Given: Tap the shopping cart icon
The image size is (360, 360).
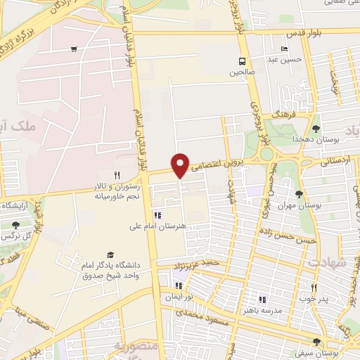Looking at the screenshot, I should (x=74, y=49).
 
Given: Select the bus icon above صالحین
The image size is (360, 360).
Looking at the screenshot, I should (x=242, y=61).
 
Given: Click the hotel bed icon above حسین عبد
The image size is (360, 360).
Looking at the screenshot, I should (x=285, y=49).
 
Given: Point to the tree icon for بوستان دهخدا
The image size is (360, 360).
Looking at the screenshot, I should (x=316, y=129).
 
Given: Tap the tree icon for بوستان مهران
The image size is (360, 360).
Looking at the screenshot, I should (x=300, y=194).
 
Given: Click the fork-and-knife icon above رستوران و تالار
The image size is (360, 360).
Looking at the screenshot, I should (x=117, y=175).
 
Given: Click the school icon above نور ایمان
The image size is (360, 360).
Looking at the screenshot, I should (x=178, y=285).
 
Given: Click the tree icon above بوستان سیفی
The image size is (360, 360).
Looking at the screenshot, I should (x=316, y=342).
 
